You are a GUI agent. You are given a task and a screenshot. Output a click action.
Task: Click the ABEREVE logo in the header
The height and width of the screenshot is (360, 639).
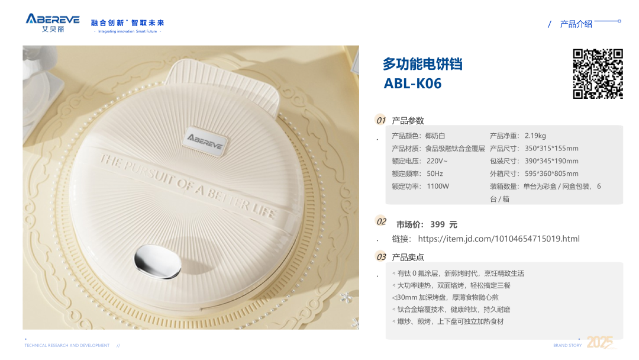point(53,23)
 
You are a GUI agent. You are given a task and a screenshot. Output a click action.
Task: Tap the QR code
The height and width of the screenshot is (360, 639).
point(598,74)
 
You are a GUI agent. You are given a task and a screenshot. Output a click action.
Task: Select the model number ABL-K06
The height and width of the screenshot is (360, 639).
point(412,83)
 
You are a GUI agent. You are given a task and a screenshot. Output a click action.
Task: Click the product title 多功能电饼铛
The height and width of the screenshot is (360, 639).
point(422,64)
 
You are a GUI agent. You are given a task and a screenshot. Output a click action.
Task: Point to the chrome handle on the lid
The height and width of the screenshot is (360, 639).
point(157,261)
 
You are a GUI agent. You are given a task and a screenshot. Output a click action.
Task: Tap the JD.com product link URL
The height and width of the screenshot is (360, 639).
point(499,239)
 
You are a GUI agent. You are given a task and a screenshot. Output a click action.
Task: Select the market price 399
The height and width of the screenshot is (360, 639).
point(437,224)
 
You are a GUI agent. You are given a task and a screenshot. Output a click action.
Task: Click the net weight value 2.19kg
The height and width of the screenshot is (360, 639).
point(535,136)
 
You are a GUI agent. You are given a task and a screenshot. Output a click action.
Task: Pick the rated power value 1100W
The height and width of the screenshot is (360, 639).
point(438,187)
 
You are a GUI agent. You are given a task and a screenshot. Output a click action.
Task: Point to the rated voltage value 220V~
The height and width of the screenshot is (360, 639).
point(437,161)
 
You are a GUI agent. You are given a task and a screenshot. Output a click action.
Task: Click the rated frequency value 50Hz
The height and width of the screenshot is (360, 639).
point(435,173)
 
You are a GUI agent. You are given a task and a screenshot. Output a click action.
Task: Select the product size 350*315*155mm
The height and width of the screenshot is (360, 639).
point(551,149)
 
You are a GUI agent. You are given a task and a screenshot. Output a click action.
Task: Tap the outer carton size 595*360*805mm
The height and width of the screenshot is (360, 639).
point(551,173)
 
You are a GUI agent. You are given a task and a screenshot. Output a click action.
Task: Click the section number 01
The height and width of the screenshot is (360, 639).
point(380,120)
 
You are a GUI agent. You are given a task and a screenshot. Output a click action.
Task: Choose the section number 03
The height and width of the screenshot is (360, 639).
point(381,257)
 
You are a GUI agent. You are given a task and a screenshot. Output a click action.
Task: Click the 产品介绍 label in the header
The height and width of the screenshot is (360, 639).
point(576,24)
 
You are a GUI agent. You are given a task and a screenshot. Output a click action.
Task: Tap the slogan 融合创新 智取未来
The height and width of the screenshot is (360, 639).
point(127,23)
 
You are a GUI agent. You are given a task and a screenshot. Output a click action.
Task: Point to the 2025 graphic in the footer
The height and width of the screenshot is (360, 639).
point(600,342)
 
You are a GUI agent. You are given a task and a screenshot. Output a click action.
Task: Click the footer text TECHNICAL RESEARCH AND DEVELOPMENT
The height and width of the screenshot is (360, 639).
point(67,345)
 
